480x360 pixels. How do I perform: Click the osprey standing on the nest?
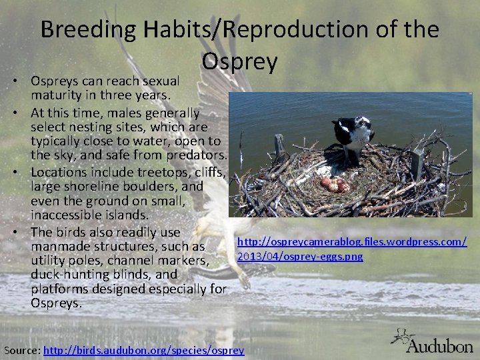353,137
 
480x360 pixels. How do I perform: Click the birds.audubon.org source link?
143,350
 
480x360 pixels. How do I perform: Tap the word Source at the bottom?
21,350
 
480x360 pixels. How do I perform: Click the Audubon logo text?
439,345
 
